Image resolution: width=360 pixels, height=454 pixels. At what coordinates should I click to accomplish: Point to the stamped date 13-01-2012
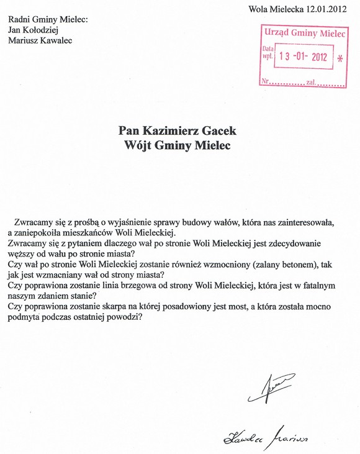(x=302, y=57)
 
